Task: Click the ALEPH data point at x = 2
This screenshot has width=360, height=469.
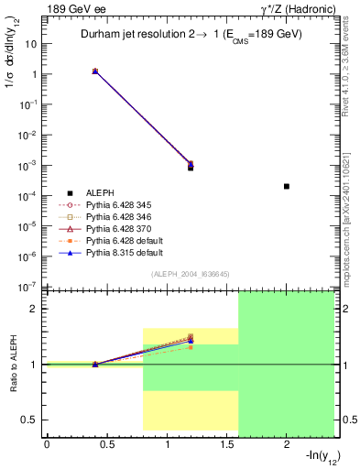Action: [287, 186]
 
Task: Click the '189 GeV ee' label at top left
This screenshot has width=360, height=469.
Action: [72, 8]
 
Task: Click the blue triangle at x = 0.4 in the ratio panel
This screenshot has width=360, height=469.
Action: [95, 365]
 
